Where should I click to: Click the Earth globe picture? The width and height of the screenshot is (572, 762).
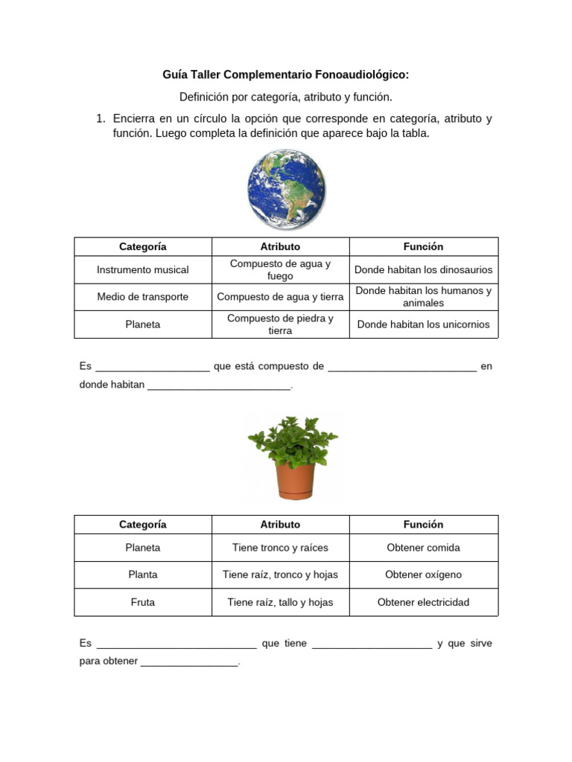tap(286, 189)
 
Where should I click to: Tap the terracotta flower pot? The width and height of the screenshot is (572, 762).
tap(295, 481)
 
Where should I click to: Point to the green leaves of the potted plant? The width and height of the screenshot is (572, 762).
tap(292, 440)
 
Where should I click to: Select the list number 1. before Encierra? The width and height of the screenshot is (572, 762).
tap(101, 119)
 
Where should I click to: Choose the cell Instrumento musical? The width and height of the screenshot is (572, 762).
tap(143, 269)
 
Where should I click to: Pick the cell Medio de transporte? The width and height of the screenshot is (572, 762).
tap(143, 297)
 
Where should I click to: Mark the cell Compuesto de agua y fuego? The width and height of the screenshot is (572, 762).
tap(280, 269)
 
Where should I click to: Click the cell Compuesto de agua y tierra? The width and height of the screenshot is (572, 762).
tap(280, 297)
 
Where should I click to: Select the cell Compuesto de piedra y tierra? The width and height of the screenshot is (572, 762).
tap(280, 324)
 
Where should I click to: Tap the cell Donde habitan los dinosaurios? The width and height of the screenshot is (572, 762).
tap(423, 269)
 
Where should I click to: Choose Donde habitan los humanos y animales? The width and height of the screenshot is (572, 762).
tap(423, 297)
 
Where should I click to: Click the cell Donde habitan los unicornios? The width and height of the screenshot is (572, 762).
tap(423, 324)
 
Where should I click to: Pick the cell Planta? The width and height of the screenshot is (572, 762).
tap(143, 574)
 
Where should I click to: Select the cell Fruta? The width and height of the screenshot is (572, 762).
tap(143, 602)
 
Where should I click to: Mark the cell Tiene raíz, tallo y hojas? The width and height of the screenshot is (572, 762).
tap(280, 602)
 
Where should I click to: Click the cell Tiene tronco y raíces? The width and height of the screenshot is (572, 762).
tap(280, 548)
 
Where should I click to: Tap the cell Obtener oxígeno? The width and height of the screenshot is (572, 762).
tap(423, 574)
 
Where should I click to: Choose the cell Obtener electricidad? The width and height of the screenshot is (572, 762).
tap(423, 602)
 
